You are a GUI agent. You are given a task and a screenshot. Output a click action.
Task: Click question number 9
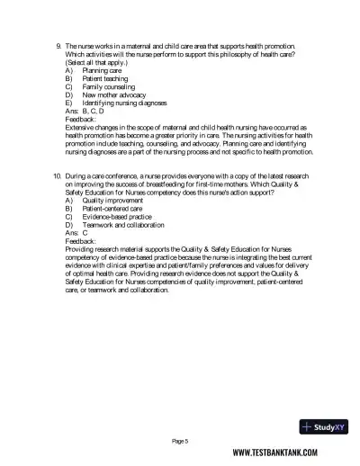pos(57,44)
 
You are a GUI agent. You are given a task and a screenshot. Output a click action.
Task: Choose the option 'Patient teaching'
pos(103,78)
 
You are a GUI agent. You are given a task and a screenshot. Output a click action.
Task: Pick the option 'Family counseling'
pos(106,86)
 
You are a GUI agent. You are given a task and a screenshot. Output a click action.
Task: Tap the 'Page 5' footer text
pos(179,441)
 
